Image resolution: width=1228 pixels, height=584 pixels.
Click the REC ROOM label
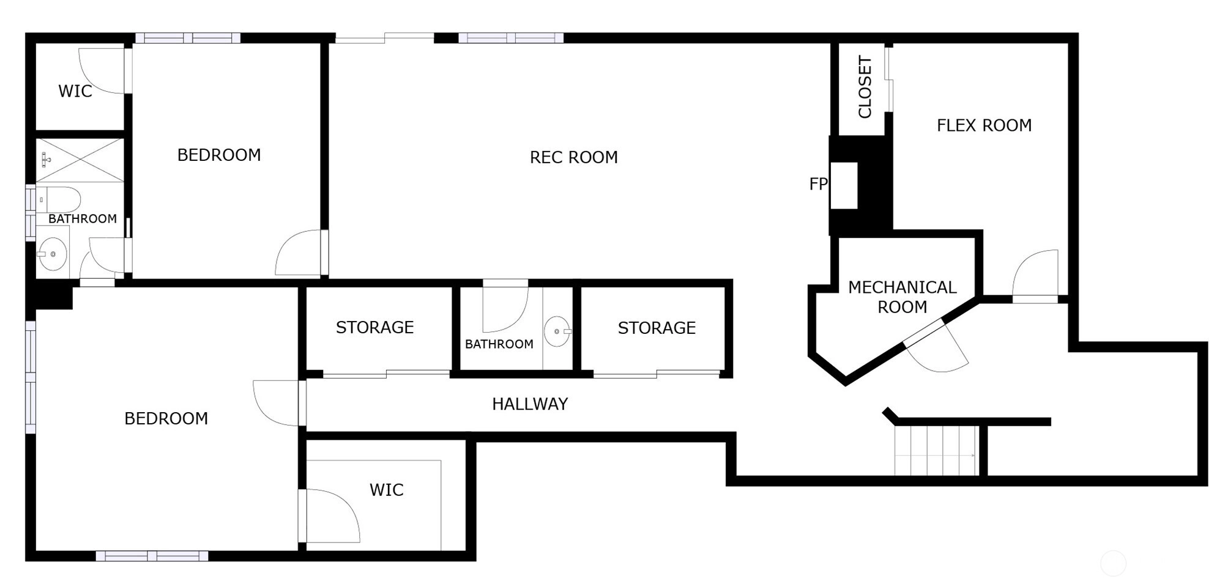click(573, 157)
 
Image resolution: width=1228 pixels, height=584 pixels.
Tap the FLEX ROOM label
click(984, 125)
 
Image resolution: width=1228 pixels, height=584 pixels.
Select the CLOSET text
click(865, 87)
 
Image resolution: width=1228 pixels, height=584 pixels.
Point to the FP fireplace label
click(818, 183)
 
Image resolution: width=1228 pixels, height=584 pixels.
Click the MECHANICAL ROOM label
click(902, 297)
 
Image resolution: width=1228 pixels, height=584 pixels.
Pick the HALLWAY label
click(530, 404)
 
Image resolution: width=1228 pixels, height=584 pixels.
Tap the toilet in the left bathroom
click(59, 200)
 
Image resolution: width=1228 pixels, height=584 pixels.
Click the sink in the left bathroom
click(53, 254)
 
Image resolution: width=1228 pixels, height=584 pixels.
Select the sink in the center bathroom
click(557, 331)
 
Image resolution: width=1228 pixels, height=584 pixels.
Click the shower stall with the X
click(80, 160)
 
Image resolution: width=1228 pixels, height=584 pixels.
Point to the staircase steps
click(936, 451)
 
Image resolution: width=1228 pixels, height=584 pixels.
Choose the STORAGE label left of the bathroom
click(374, 327)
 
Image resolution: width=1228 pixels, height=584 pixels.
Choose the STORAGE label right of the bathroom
click(657, 328)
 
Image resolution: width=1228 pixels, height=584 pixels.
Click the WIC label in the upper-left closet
click(75, 91)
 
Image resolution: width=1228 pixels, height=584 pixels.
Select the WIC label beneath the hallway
click(386, 490)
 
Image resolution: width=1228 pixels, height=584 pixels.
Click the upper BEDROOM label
click(219, 155)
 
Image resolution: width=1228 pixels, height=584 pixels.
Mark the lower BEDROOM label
click(166, 418)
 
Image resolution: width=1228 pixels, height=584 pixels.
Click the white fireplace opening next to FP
click(844, 186)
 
